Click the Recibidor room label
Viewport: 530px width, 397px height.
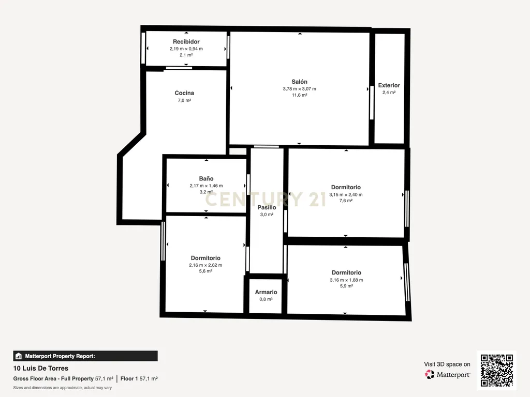click(x=186, y=42)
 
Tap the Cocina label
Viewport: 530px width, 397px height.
click(x=184, y=93)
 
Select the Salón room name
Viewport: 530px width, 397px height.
click(x=299, y=82)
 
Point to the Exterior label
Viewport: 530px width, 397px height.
click(x=389, y=85)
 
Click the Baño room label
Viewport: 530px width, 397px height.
click(x=206, y=179)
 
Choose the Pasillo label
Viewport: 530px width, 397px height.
click(x=267, y=207)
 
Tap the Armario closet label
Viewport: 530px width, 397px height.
click(x=266, y=292)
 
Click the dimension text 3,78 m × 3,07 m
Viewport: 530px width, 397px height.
click(x=299, y=89)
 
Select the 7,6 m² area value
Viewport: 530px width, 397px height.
click(x=346, y=201)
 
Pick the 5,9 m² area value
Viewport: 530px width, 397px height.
click(x=346, y=286)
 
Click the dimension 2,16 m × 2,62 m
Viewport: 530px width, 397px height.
click(x=205, y=265)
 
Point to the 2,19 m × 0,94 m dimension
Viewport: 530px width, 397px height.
click(x=186, y=49)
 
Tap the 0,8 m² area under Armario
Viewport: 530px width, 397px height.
click(x=266, y=299)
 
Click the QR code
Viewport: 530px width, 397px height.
click(x=496, y=370)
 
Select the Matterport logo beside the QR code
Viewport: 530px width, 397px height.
click(x=448, y=374)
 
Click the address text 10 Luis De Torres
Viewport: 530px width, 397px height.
click(x=40, y=369)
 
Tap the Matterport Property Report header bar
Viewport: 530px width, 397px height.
click(x=85, y=356)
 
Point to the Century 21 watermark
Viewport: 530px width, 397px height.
click(x=266, y=198)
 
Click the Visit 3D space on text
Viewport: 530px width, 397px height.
click(x=447, y=364)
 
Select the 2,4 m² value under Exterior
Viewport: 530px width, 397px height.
click(x=389, y=93)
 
